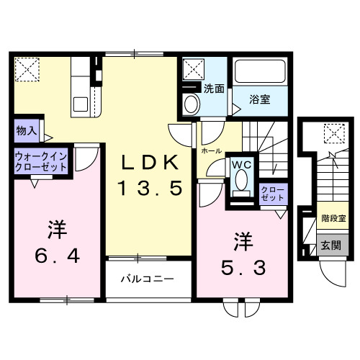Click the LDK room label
(149, 163)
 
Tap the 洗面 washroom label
(212, 89)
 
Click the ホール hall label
(211, 152)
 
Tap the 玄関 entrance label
(331, 245)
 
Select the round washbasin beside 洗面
(192, 104)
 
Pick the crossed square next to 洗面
(193, 69)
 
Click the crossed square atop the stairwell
(333, 132)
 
